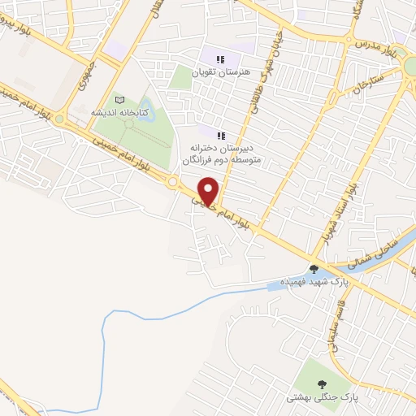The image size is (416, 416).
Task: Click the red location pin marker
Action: point(209,190)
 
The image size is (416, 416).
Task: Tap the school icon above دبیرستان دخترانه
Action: point(220,133)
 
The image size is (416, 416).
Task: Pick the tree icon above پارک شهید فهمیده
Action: point(314,268)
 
